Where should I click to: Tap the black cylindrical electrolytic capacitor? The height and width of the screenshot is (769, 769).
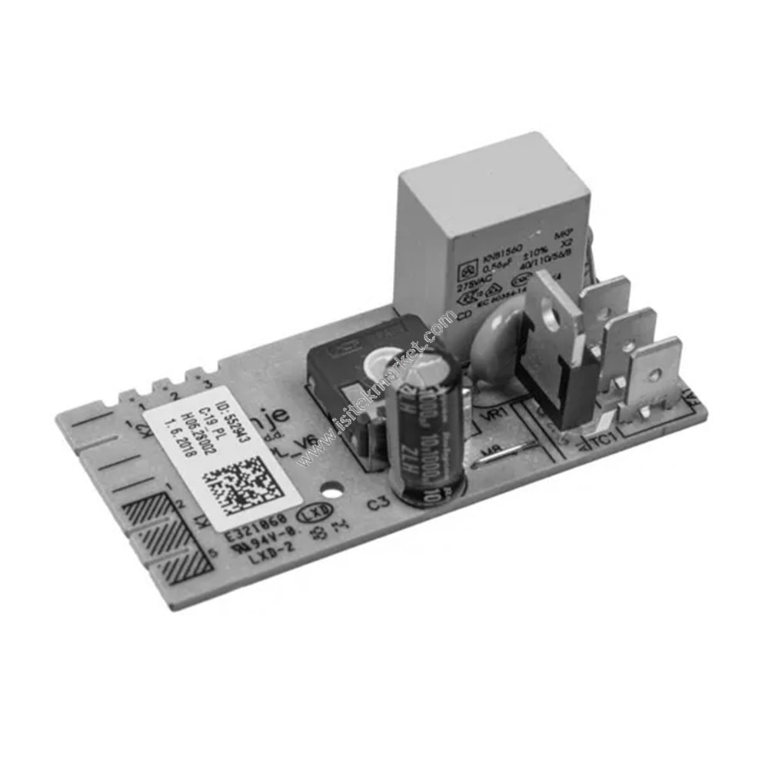pos(427,427)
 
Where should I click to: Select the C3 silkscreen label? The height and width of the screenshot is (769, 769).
pos(378,505)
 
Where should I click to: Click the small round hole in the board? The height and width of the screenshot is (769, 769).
pos(332,488)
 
